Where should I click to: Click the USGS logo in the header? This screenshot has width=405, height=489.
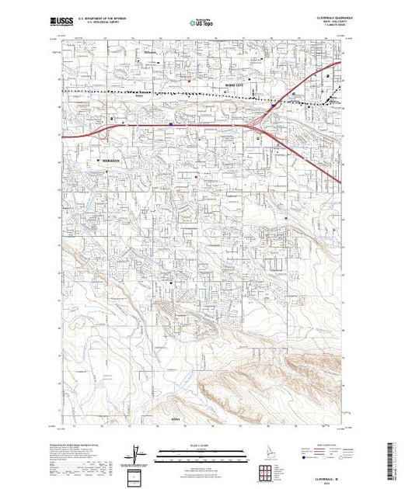tap(68, 23)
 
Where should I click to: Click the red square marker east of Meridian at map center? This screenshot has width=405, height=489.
tap(199, 178)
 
